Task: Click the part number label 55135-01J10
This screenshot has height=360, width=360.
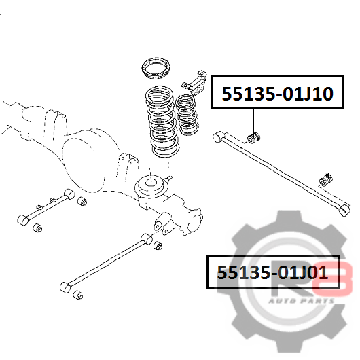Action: click(x=277, y=94)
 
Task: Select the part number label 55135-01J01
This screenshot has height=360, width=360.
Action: click(x=272, y=272)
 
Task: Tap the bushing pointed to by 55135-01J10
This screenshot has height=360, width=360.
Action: click(x=254, y=137)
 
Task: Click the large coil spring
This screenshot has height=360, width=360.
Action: click(x=163, y=122)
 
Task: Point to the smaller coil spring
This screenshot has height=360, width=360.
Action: click(x=187, y=115)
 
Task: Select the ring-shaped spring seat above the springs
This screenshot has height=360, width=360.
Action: click(x=156, y=69)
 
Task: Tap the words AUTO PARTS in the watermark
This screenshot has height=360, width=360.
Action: click(x=302, y=301)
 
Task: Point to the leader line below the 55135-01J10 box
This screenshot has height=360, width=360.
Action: click(x=254, y=120)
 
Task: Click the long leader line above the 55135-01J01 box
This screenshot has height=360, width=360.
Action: click(x=329, y=215)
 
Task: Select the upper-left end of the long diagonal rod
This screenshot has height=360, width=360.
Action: click(x=218, y=137)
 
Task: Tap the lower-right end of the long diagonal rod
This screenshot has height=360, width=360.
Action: click(x=344, y=210)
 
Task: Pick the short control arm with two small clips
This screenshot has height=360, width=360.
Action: click(x=46, y=206)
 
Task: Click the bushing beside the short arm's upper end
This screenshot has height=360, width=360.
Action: click(x=82, y=201)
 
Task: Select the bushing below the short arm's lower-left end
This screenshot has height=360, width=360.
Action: click(x=37, y=228)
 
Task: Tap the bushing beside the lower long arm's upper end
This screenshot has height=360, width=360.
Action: click(x=158, y=246)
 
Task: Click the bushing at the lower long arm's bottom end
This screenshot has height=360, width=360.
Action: click(x=78, y=295)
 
